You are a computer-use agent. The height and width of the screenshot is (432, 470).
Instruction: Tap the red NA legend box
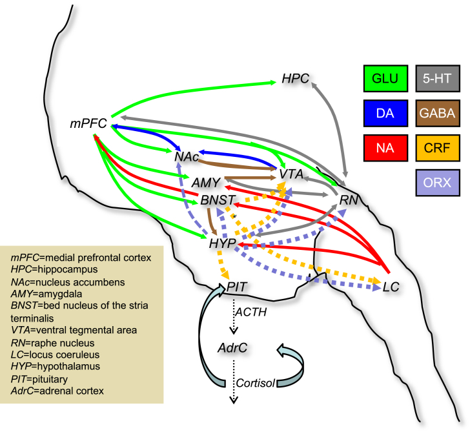[x=385, y=149]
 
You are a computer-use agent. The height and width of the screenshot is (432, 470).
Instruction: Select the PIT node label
[x=237, y=284]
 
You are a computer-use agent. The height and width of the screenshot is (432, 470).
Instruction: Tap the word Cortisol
[x=257, y=382]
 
